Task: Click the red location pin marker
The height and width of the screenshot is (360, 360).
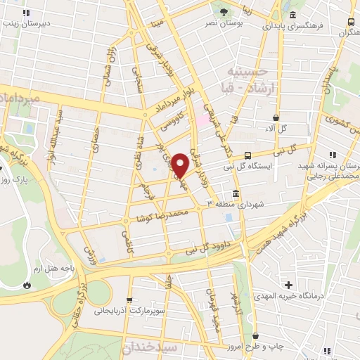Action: coord(181,165)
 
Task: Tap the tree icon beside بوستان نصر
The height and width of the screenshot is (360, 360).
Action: coord(223,12)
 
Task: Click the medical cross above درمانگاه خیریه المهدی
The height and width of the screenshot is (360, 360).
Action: coord(288,285)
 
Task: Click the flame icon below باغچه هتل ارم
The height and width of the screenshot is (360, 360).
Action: coord(27,285)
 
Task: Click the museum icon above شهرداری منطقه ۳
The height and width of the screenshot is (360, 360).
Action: coord(234,193)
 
